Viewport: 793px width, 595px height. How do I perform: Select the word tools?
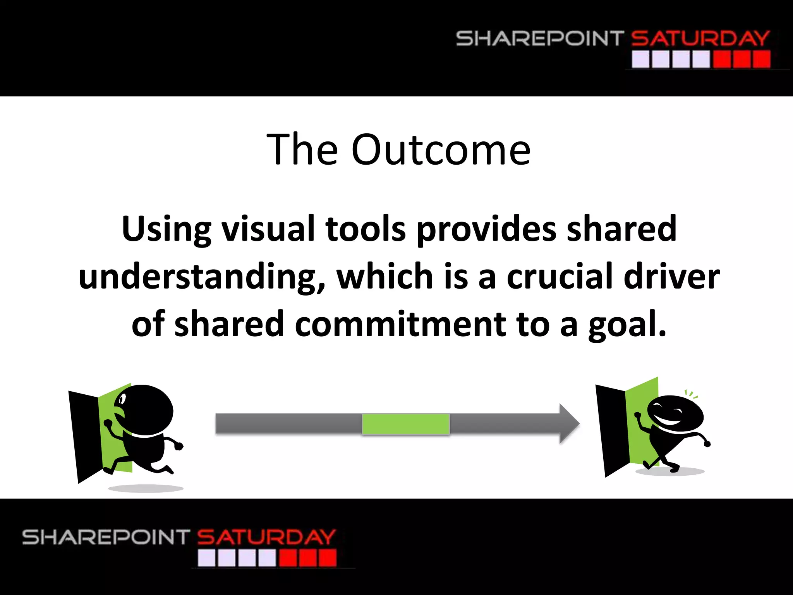point(366,229)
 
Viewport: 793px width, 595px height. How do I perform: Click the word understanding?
point(201,277)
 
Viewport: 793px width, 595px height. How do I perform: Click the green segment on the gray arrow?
point(405,424)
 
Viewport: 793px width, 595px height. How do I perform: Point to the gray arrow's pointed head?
point(569,423)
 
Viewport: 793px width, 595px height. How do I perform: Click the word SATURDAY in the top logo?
point(700,38)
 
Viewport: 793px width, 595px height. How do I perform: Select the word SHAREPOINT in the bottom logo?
point(106,537)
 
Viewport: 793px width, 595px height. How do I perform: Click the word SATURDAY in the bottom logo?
point(266,537)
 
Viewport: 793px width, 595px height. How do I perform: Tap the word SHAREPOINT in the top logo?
point(539,38)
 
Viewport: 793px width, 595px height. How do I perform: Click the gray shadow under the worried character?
point(146,488)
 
